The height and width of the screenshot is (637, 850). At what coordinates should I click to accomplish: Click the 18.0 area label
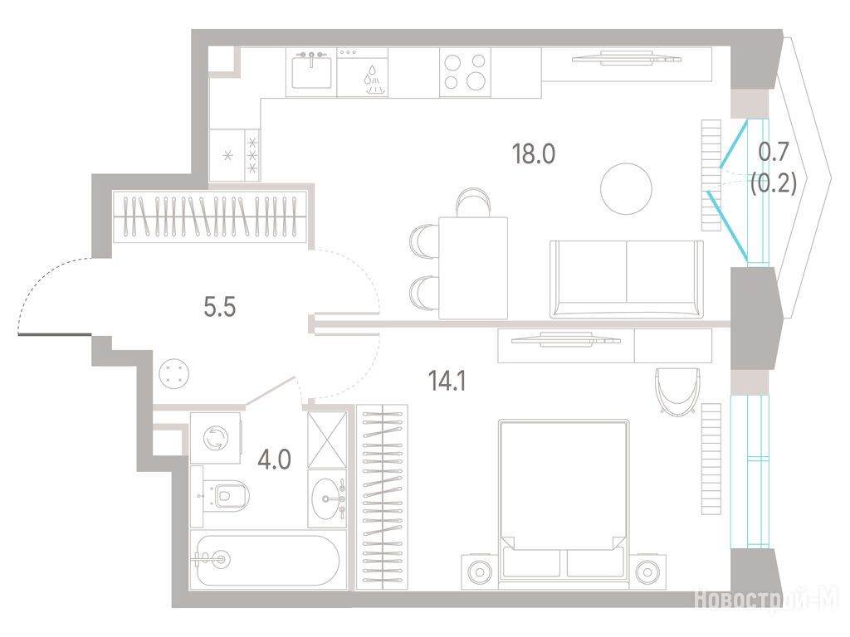(x=534, y=154)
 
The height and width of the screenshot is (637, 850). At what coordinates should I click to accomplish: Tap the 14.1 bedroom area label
(x=447, y=382)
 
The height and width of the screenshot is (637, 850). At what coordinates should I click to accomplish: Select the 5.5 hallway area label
(x=219, y=308)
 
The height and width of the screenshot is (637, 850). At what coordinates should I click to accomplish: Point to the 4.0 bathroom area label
(x=274, y=460)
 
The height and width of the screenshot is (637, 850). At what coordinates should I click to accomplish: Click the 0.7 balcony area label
(x=773, y=153)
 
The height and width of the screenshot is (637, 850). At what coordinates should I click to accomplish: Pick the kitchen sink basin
(x=312, y=73)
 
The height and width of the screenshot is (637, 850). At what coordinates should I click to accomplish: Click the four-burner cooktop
(x=465, y=73)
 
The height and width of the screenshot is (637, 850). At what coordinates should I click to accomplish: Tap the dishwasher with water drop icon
(x=362, y=73)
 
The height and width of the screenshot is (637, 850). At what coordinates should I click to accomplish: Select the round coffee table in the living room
(x=626, y=189)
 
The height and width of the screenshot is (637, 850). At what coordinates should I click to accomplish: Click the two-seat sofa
(x=626, y=279)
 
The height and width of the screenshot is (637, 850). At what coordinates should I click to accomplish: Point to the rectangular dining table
(x=473, y=268)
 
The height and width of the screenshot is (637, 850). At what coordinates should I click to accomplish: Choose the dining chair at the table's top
(x=474, y=202)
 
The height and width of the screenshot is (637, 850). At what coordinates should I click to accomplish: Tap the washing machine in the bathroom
(x=216, y=438)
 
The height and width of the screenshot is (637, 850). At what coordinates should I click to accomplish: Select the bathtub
(x=267, y=561)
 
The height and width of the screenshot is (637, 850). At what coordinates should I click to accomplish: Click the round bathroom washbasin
(x=328, y=498)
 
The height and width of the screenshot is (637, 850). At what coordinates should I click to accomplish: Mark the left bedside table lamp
(x=479, y=571)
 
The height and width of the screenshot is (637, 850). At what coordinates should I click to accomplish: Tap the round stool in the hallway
(x=174, y=373)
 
